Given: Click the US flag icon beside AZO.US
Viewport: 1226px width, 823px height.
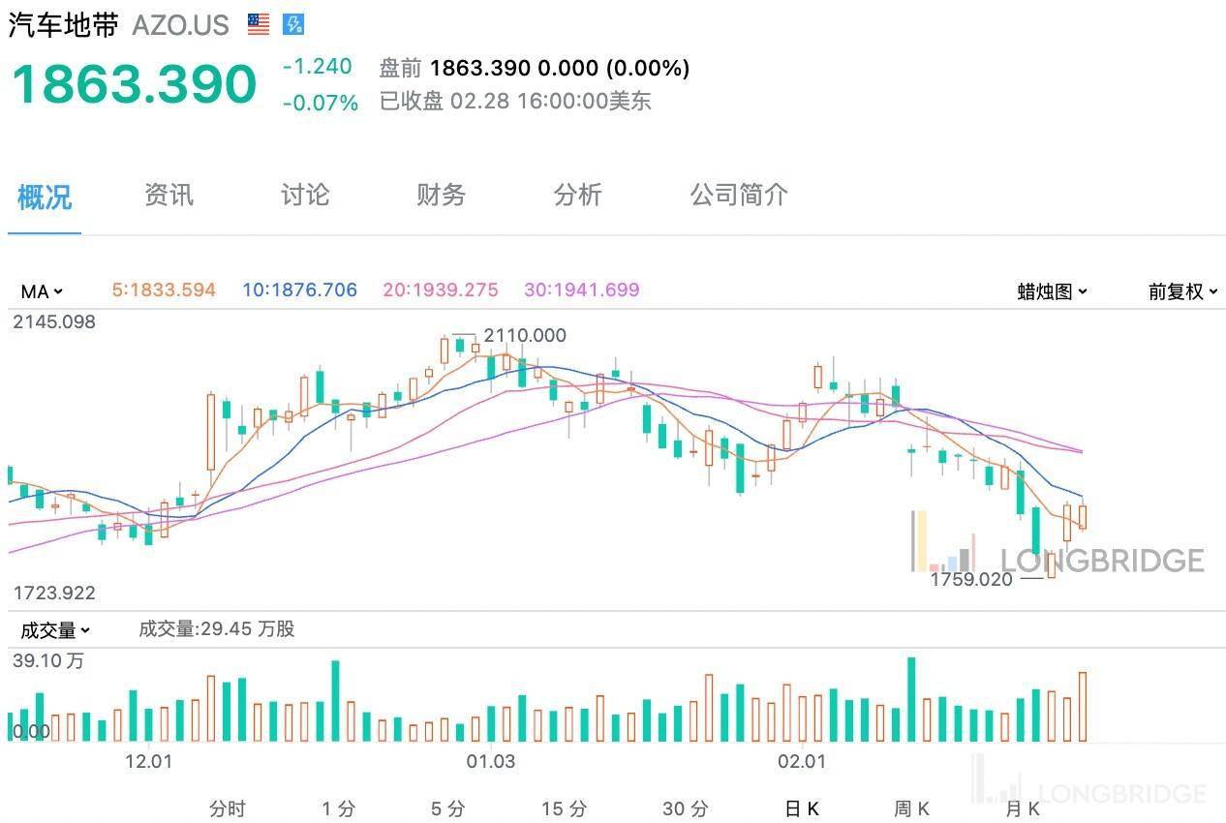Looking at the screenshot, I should [259, 24].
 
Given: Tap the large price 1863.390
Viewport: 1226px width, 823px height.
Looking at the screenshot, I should [134, 84].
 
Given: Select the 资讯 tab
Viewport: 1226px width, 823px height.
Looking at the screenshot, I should [169, 196].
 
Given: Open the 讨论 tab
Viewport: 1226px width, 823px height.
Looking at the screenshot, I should [305, 196].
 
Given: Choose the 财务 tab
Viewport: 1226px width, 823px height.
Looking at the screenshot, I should [441, 196].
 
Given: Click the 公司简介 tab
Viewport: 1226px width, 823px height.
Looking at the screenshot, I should [738, 196].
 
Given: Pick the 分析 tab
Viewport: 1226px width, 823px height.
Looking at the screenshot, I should [577, 196].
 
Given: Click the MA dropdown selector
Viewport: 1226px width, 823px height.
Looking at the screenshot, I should [42, 290].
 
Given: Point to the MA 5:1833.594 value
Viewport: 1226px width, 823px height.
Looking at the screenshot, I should [164, 290].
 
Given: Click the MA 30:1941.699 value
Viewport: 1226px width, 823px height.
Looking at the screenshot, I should [581, 290].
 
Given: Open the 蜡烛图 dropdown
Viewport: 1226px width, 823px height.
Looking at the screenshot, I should [1052, 291].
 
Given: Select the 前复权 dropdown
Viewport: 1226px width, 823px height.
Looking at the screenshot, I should [1182, 291].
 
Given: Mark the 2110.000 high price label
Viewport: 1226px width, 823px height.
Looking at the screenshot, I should [524, 336].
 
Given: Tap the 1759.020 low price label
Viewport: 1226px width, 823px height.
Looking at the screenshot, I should [970, 579].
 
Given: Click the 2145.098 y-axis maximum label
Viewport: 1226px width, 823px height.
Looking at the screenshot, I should [54, 322].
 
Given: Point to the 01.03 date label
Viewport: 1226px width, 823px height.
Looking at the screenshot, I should [490, 761].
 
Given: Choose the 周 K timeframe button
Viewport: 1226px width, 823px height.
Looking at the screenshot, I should [911, 808].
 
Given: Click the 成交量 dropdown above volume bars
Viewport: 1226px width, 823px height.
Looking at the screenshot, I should [55, 630].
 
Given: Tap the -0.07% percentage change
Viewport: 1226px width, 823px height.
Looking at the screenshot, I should [320, 102].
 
